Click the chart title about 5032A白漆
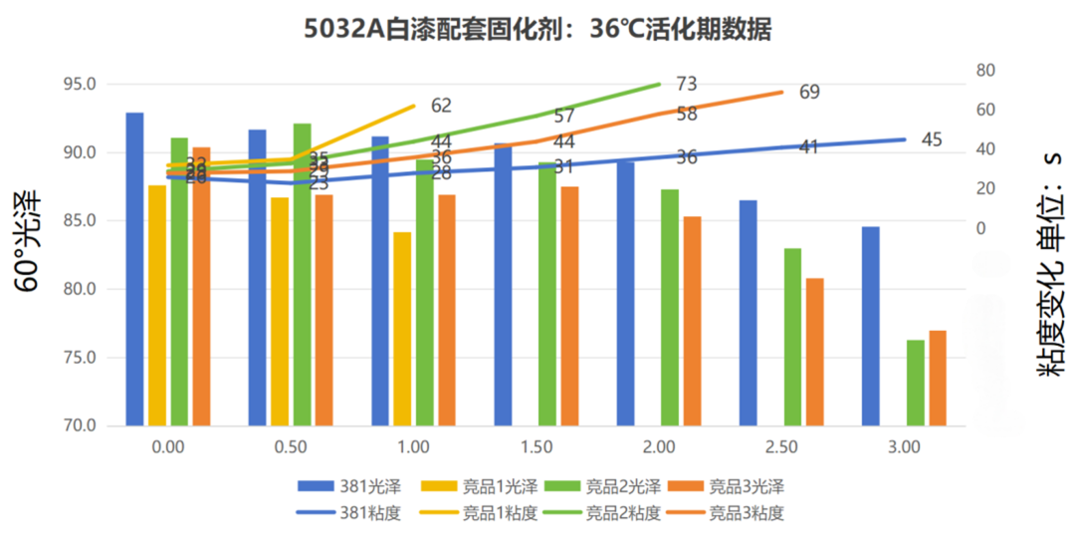537,30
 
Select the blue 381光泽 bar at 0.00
134,269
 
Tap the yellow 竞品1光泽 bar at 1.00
401,329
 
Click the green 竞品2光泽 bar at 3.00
915,383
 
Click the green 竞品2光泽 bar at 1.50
547,294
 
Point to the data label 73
686,84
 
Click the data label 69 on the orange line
809,93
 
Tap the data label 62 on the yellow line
441,105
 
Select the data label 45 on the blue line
931,139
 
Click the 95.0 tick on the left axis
79,85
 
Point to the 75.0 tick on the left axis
79,358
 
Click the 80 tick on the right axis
986,70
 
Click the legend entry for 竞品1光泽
488,487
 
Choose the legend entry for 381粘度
348,514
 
